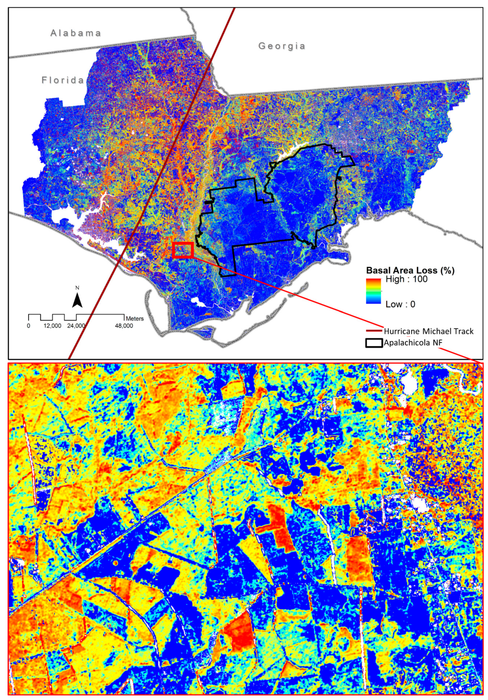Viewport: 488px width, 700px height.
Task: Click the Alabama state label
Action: coord(76,33)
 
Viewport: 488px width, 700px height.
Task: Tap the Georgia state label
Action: coord(282,46)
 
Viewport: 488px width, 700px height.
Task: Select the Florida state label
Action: coord(63,80)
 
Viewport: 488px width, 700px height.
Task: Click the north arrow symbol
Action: coord(78,300)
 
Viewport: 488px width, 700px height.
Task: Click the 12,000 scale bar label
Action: coord(52,326)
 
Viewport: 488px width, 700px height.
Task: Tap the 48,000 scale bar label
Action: coord(124,326)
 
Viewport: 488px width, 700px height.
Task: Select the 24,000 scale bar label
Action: coord(76,326)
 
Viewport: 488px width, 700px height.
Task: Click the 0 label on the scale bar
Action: coord(29,326)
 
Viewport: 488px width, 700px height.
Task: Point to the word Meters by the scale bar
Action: coord(135,319)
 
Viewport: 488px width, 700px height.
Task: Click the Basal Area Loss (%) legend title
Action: coord(410,271)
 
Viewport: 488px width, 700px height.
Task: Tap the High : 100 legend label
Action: coord(406,279)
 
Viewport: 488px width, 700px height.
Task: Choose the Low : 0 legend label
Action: coord(400,304)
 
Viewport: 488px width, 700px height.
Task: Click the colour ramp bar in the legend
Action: coord(374,291)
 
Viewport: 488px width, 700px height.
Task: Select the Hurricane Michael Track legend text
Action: coord(429,332)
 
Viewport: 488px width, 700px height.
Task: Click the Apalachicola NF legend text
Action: coord(413,343)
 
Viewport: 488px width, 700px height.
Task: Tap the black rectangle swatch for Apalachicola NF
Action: coord(374,343)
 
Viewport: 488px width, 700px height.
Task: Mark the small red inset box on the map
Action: coord(183,250)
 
